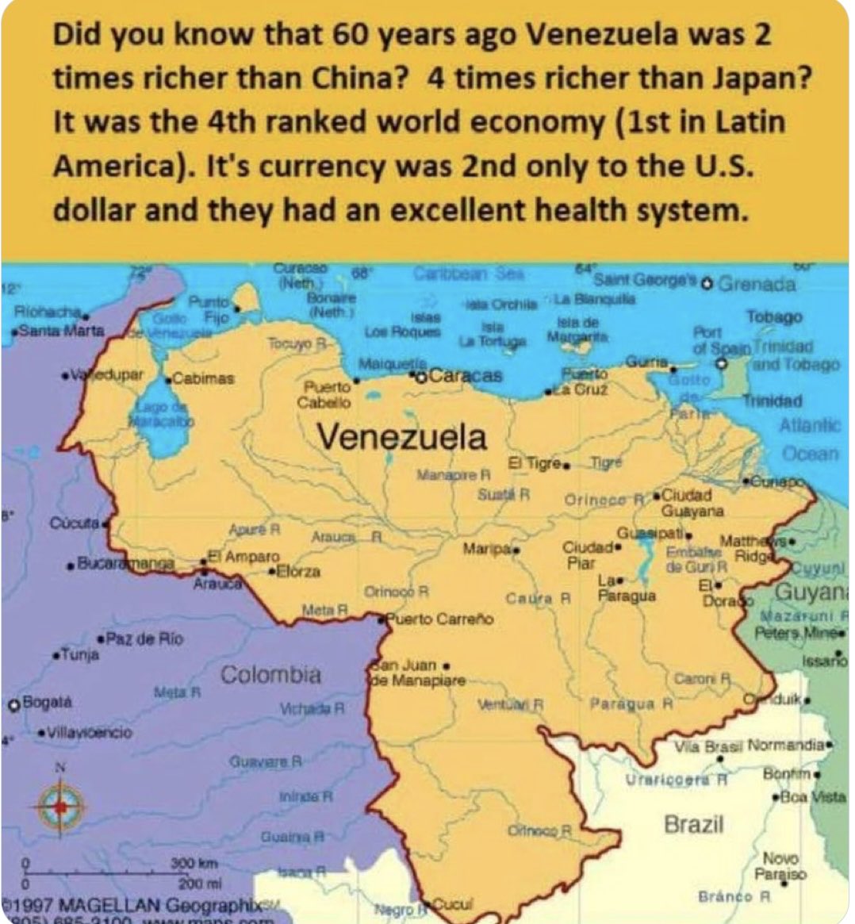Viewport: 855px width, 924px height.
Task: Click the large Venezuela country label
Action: point(402,437)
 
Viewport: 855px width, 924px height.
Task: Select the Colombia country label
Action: point(271,675)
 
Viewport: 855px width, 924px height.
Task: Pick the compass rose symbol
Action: point(60,806)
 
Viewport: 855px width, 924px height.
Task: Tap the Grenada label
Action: point(757,284)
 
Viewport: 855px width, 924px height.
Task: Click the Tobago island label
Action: point(774,316)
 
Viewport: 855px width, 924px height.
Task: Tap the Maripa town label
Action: point(487,548)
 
